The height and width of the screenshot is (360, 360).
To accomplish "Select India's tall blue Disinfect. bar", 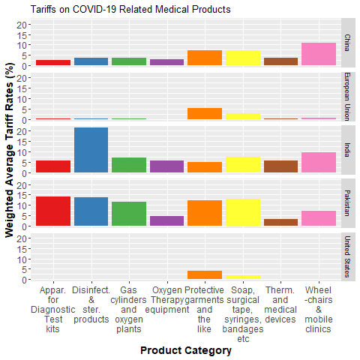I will tap(91, 151).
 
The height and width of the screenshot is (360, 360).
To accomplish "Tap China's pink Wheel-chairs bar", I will tap(319, 54).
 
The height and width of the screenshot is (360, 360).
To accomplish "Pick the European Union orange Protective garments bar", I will tap(205, 114).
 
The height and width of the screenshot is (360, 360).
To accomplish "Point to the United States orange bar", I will tap(205, 275).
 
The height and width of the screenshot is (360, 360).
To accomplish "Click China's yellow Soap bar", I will tap(243, 58).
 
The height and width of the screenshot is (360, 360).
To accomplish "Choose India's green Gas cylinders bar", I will tap(129, 166).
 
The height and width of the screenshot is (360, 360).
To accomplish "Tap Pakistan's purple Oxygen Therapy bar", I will tap(166, 221).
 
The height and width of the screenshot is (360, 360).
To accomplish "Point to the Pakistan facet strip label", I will tap(348, 202).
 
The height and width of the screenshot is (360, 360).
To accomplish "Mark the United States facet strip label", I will tap(348, 256).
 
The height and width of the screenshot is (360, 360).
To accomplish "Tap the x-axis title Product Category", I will tap(186, 350).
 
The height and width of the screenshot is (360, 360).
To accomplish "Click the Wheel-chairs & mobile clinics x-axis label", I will tap(319, 309).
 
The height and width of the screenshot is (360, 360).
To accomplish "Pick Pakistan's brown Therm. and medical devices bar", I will tap(280, 223).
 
